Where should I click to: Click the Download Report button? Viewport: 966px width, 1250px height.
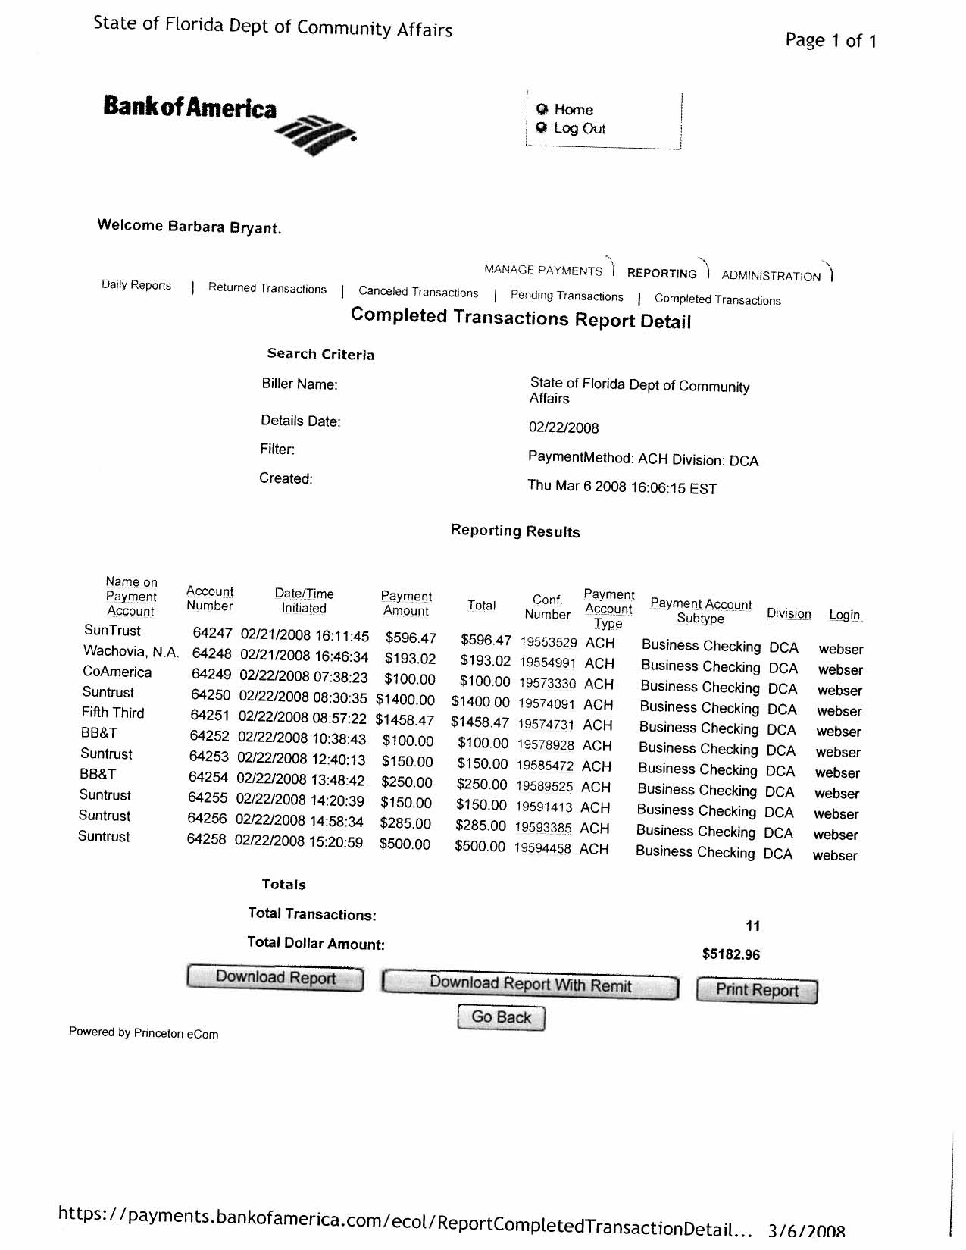coord(275,978)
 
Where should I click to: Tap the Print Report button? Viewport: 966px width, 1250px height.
coord(757,991)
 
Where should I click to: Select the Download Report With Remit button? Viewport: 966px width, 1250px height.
coord(530,985)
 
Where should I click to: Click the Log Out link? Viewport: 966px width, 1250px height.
coord(580,129)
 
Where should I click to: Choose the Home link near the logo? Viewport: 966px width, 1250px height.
coord(574,110)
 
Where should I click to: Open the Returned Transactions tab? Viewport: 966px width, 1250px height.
coord(267,289)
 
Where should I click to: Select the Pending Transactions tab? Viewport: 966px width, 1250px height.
coord(567,296)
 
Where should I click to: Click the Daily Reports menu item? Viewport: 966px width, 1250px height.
coord(136,286)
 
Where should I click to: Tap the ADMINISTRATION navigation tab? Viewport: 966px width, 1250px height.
coord(771,276)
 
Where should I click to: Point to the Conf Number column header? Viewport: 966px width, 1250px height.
coord(547,607)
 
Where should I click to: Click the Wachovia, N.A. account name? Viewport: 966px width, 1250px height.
coord(131,652)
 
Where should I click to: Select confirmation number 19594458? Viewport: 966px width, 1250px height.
coord(542,849)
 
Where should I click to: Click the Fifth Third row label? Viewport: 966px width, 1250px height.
coord(113,713)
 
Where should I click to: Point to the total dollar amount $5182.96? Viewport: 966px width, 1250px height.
coord(731,954)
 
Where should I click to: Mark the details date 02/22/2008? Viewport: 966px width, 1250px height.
coord(564,428)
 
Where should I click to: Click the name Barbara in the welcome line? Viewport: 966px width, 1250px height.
coord(196,227)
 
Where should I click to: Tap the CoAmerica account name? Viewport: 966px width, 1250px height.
coord(117,672)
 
